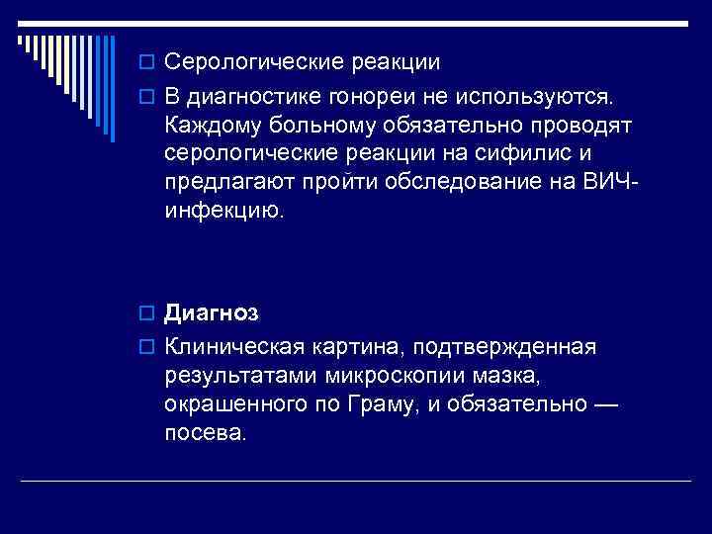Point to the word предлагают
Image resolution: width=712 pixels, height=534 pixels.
click(224, 183)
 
